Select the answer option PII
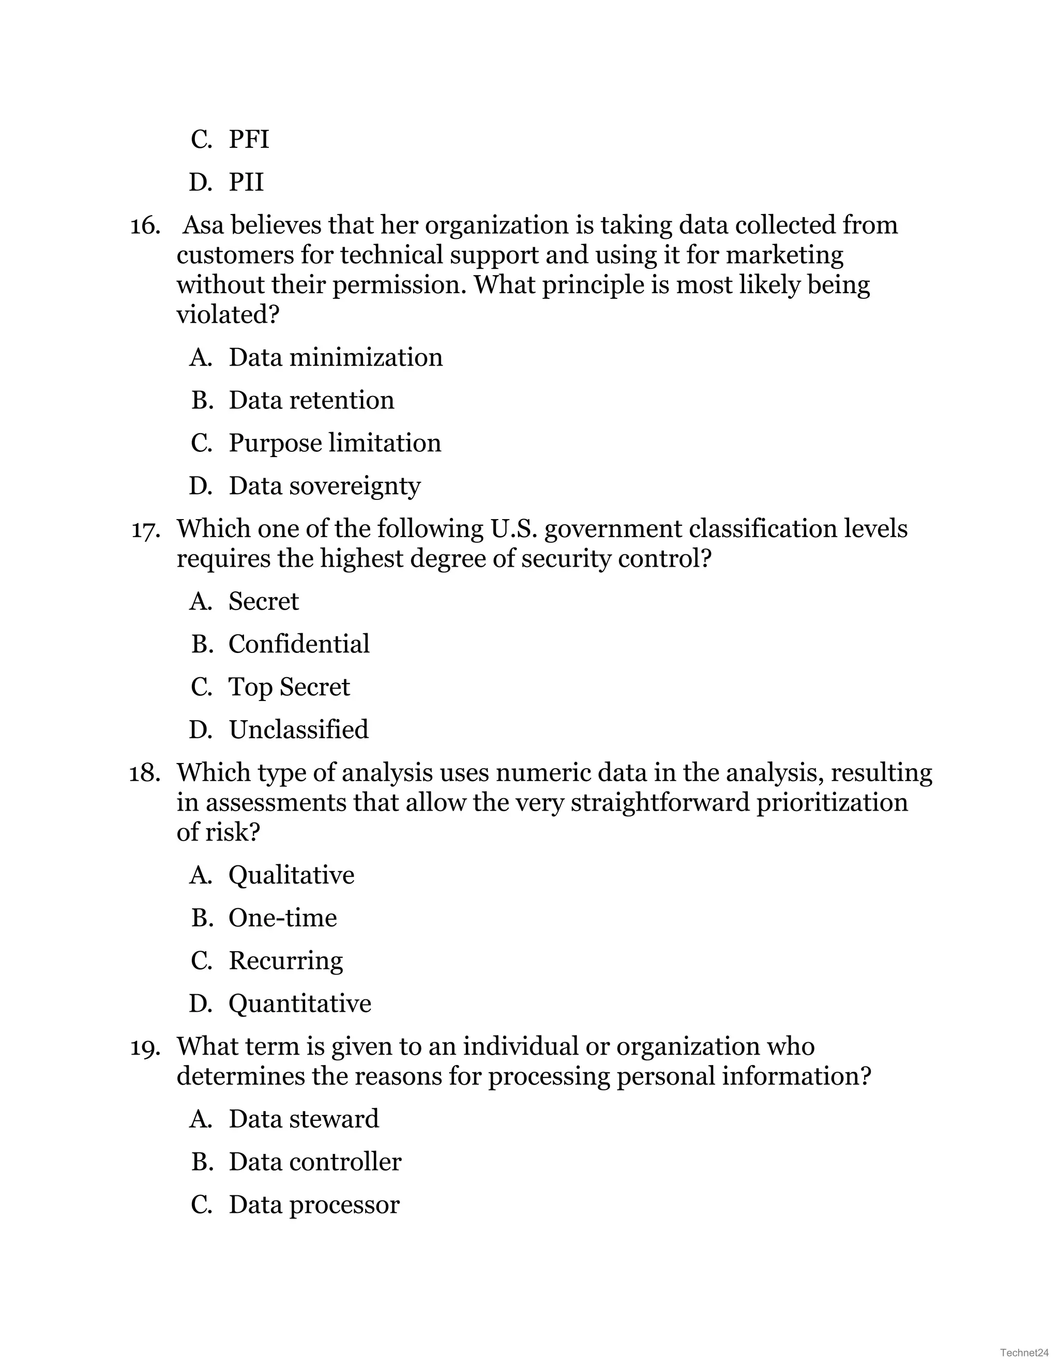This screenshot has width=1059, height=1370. tap(246, 182)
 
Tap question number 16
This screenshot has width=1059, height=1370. tap(144, 226)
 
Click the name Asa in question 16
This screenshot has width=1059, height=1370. tap(203, 225)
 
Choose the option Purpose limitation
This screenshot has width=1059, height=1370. tap(335, 443)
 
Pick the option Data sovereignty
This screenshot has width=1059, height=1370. tap(324, 485)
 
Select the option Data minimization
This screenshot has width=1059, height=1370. tap(335, 358)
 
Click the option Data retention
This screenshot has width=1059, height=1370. tap(311, 400)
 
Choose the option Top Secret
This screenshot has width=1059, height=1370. tap(289, 687)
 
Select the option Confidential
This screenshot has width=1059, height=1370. tap(299, 644)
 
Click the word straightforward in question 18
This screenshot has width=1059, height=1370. tap(660, 802)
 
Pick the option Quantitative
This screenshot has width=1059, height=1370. tap(299, 1003)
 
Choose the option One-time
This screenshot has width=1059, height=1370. tap(282, 918)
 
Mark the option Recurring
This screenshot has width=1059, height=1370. tap(285, 961)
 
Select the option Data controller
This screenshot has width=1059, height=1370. tap(314, 1162)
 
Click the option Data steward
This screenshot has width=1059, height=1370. tap(304, 1119)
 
